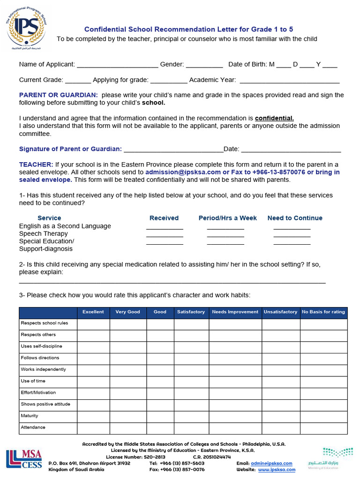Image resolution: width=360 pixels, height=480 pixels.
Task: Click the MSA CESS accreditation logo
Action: [24, 459]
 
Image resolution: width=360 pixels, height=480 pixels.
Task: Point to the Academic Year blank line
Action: [289, 81]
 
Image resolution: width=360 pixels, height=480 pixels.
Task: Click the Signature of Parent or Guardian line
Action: [173, 150]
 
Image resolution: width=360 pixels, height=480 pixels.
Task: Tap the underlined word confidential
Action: [274, 118]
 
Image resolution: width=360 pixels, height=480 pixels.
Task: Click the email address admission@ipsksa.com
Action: [183, 172]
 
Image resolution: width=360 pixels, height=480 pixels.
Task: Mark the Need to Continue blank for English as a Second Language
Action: [292, 228]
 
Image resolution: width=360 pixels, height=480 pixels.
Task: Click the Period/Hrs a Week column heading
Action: [227, 218]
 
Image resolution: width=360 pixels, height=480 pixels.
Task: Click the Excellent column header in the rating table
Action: [93, 312]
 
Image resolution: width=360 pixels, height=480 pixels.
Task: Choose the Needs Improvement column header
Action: [235, 312]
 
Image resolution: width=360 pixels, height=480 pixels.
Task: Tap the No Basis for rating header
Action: [323, 312]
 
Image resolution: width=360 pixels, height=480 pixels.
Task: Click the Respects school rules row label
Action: [45, 323]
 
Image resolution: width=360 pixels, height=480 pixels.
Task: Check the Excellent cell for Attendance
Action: [93, 427]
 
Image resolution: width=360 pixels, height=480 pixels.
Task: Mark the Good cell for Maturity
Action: [160, 416]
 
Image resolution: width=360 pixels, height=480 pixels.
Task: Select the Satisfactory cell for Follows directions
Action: [191, 358]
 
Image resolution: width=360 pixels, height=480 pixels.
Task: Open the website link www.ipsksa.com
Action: [277, 469]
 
